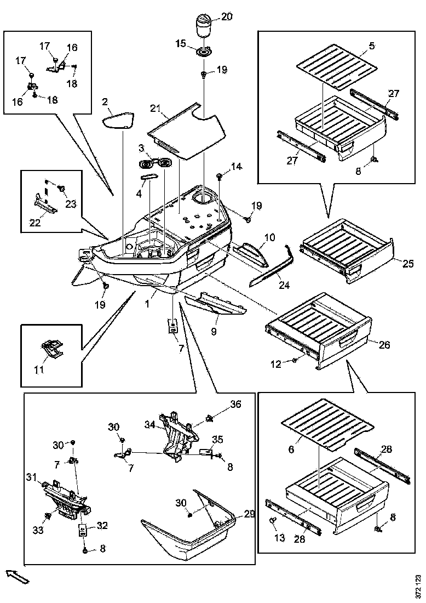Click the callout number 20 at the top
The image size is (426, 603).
tap(226, 17)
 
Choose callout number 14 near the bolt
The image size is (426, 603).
tap(236, 167)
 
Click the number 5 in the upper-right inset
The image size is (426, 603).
tap(372, 46)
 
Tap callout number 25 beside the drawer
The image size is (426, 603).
tap(408, 264)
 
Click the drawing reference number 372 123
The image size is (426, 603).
tap(418, 586)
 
